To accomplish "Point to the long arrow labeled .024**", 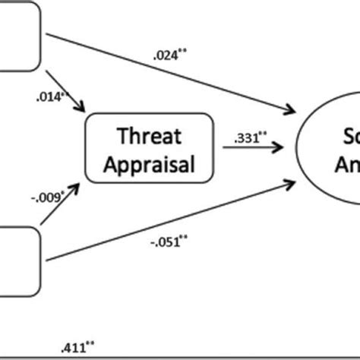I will (x=167, y=72).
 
